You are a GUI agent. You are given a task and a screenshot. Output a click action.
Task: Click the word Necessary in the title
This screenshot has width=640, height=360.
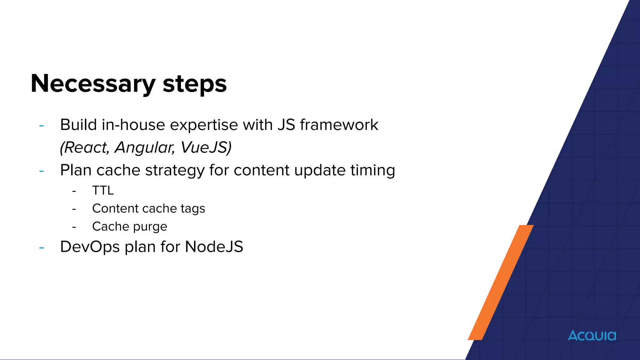93,84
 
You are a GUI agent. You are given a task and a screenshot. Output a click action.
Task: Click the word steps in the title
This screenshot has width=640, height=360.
194,84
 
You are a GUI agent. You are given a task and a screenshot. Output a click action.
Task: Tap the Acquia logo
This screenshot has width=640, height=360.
592,336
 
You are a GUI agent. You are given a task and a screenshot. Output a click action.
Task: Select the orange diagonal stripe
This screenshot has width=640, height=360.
500,283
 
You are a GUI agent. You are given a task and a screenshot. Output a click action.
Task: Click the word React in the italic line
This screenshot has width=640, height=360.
84,147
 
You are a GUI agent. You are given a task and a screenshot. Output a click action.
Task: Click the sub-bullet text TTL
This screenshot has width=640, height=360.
103,190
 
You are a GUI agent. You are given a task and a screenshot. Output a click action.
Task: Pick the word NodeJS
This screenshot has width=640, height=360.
214,247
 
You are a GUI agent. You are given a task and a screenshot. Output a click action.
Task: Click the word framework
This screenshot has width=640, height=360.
339,125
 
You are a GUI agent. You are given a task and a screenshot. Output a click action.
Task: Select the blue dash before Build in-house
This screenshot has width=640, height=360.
42,126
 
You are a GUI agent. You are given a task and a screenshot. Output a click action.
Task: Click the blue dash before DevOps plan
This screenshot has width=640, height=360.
42,248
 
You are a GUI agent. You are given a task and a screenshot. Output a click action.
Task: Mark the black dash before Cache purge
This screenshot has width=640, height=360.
74,227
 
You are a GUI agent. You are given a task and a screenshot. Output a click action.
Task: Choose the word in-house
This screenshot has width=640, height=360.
133,125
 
